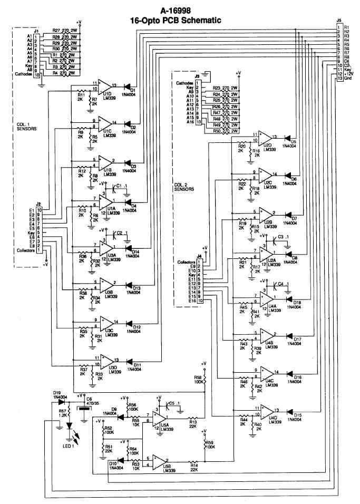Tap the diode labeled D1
coord(128,86)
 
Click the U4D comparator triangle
coord(267,410)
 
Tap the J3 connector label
coord(196,76)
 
